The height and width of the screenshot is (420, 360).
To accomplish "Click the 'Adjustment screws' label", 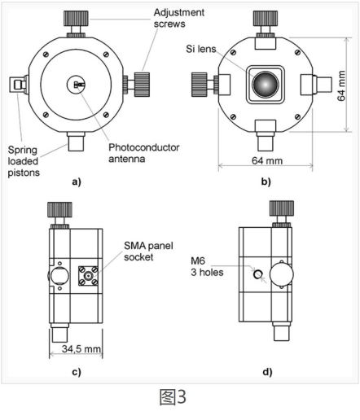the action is (x=179, y=18).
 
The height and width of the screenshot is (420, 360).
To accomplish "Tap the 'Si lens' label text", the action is (x=201, y=49).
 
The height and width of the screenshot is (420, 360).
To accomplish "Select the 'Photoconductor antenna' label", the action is (x=144, y=153).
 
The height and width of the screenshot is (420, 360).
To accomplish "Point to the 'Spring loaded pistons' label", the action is (x=24, y=161).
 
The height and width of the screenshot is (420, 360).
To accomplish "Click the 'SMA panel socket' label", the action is (x=148, y=252).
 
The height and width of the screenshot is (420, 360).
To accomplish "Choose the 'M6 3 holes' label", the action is (x=207, y=266).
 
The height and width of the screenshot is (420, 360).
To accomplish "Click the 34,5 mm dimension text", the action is (x=81, y=348).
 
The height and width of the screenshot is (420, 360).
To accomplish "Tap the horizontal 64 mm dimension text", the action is (x=267, y=160).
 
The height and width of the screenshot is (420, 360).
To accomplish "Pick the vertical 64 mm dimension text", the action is (x=341, y=85).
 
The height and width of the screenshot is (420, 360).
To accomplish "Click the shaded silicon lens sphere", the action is (x=266, y=85).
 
